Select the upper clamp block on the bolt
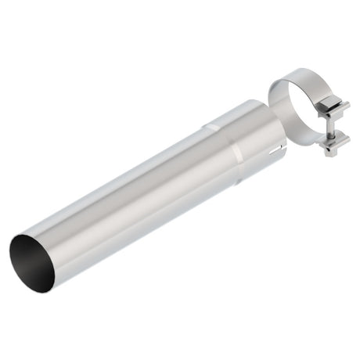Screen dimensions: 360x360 pyautogui.click(x=333, y=110)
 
